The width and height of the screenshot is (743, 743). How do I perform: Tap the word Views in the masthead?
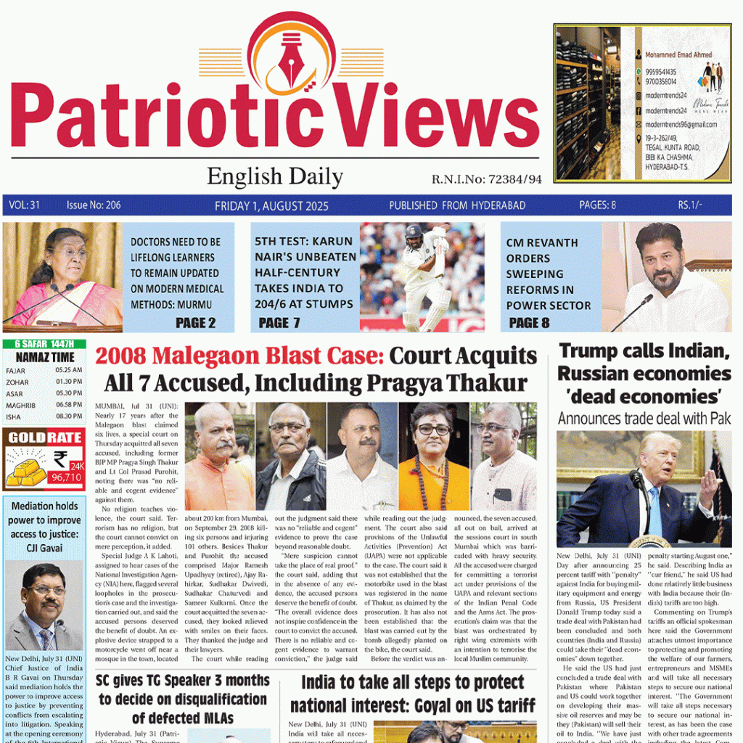coord(432,116)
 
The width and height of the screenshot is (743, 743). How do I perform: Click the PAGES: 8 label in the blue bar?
coord(597,205)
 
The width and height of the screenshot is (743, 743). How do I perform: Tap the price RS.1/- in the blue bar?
coord(690,205)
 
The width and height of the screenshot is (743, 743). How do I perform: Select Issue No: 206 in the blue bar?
coord(94,205)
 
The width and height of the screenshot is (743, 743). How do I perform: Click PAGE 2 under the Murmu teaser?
coord(195,323)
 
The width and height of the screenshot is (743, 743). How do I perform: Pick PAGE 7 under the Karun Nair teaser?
coord(279,323)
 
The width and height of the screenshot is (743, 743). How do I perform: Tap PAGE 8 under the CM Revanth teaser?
coord(529,323)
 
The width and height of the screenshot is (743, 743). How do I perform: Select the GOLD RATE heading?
coord(44,438)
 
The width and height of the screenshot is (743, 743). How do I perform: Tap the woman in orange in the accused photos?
coord(433,457)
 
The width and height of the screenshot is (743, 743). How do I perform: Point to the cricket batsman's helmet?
coord(416,231)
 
